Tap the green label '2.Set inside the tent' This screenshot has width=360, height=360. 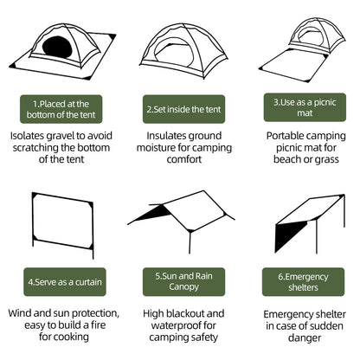coord(180,109)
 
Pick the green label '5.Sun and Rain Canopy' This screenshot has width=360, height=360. coord(180,282)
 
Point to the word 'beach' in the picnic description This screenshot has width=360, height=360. coord(282,162)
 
